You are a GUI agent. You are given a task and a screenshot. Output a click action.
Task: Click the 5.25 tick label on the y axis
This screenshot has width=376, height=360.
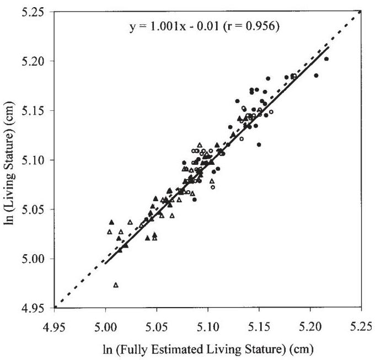coord(34,12)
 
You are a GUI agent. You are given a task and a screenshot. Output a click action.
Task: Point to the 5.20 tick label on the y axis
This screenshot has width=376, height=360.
coord(34,61)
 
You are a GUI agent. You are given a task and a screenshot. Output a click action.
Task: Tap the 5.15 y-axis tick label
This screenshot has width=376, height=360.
coord(34,110)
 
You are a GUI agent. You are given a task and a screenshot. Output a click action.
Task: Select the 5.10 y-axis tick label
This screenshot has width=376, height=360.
coord(34,160)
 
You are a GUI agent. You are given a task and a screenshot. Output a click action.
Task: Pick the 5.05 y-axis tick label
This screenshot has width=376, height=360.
coord(34,209)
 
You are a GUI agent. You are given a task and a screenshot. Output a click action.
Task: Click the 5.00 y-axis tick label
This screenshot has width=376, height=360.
coord(34,259)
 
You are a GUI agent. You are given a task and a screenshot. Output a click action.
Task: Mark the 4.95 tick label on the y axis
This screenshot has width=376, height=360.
coord(34,308)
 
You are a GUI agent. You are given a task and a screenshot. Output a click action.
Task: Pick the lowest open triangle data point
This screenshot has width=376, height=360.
coord(116,285)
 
